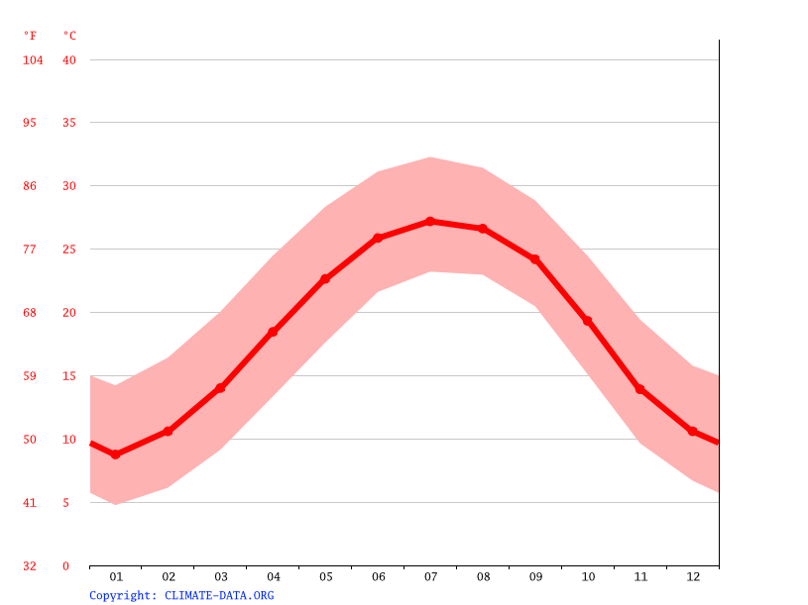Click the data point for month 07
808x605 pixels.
pos(430,221)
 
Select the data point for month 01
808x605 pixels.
pos(116,454)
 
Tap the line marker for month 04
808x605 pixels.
pos(273,332)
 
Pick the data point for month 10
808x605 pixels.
pos(588,321)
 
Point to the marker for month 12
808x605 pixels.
pos(692,431)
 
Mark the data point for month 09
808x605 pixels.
pos(535,259)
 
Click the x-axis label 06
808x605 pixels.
pos(378,576)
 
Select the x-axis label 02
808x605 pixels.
pos(169,576)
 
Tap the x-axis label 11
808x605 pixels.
pos(639,576)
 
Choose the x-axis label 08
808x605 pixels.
pos(483,576)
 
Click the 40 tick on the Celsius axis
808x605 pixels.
pos(69,60)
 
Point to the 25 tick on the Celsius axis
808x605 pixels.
pos(69,250)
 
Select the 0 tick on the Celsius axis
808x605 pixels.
pos(66,566)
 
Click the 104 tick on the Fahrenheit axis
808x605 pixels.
pos(34,60)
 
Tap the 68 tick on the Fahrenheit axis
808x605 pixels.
pos(31,313)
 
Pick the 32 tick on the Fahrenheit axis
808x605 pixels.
pos(31,566)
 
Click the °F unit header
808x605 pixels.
pos(31,36)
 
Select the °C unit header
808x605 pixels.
pos(69,36)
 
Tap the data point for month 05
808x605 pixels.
pos(325,279)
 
